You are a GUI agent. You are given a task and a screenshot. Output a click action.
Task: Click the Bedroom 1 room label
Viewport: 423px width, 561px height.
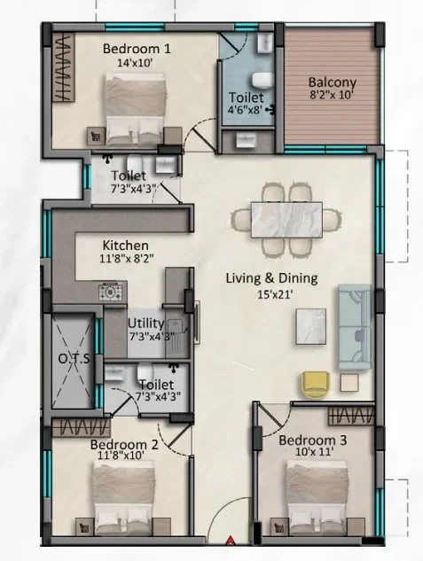point(137,48)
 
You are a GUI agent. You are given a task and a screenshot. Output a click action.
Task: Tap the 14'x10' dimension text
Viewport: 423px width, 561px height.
point(135,63)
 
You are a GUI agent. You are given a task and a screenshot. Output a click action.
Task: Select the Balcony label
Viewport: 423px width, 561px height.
point(332,82)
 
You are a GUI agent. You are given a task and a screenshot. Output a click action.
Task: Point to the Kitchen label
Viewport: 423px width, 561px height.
point(126,245)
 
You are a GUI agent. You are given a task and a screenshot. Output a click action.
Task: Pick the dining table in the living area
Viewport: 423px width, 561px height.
point(286,220)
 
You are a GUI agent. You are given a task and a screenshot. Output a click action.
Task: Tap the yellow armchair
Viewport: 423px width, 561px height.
point(316,385)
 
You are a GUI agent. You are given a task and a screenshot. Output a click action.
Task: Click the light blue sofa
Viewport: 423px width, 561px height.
point(355,327)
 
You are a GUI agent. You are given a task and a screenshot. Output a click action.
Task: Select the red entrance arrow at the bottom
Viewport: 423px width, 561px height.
point(230,540)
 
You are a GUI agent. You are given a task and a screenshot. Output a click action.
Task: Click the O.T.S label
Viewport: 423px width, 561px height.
point(74,359)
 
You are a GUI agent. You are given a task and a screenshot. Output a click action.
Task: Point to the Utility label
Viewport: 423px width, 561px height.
point(145,323)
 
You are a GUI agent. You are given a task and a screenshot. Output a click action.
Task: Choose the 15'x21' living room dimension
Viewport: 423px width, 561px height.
point(275,294)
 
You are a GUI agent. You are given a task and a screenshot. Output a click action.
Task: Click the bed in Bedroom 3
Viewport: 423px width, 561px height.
point(317,497)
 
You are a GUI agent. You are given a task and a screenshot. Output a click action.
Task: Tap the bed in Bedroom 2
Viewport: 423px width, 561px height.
point(124,498)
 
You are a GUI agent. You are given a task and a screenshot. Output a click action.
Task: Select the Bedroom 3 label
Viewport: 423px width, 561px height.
point(312,440)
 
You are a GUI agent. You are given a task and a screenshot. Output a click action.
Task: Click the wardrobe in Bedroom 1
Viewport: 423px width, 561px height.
point(64,66)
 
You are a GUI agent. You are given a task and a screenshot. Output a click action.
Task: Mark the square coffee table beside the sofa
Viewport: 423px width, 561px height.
point(311,327)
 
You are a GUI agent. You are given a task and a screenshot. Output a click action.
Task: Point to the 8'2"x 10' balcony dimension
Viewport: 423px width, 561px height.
point(332,96)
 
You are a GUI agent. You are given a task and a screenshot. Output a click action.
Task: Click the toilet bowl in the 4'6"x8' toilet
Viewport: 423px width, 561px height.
point(262,80)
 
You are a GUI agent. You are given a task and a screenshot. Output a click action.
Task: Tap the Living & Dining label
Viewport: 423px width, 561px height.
point(271,278)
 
